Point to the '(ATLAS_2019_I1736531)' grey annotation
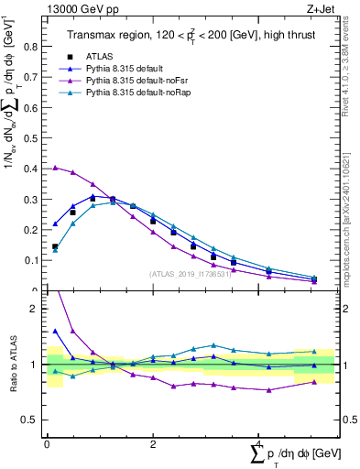click(190, 273)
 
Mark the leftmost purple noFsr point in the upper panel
click(55, 168)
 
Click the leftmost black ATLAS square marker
click(55, 246)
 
